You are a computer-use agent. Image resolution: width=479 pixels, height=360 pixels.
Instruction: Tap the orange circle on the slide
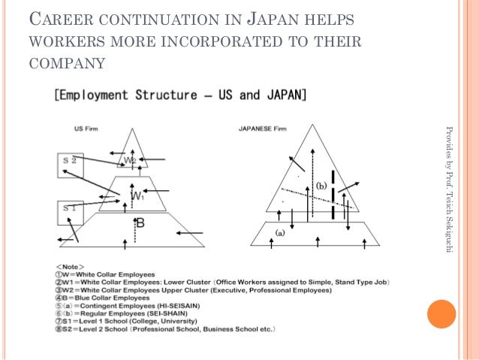(441, 314)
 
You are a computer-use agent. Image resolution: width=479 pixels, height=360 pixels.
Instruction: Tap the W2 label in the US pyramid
(131, 160)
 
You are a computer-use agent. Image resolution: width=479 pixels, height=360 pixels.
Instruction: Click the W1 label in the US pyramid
(137, 196)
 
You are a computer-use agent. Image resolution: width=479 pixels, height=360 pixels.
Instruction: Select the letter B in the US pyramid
(140, 222)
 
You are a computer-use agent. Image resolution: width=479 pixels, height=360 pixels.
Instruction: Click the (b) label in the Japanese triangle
(321, 185)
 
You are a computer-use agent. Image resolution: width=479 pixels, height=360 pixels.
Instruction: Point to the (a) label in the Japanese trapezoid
(280, 233)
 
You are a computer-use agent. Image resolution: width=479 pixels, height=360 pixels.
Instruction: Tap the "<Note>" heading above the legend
(70, 267)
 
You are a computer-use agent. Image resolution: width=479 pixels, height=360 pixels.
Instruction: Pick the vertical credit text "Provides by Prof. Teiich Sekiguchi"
(449, 188)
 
